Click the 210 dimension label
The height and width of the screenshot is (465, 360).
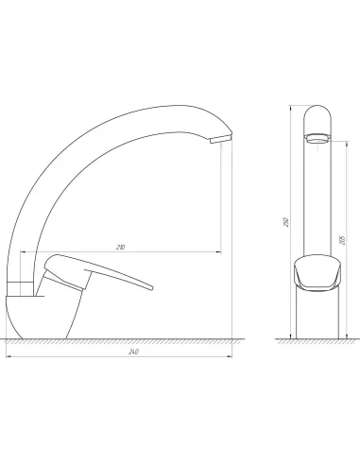[x=120, y=248]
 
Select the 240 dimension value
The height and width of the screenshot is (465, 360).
[x=133, y=352]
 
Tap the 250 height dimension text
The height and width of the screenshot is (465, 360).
[x=286, y=222]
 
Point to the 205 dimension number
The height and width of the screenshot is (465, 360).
[x=343, y=240]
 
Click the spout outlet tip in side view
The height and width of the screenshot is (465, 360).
[x=221, y=139]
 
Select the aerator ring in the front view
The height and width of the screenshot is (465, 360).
[x=317, y=138]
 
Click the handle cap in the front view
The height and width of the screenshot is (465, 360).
[x=317, y=272]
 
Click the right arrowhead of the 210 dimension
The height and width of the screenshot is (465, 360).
[x=219, y=251]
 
